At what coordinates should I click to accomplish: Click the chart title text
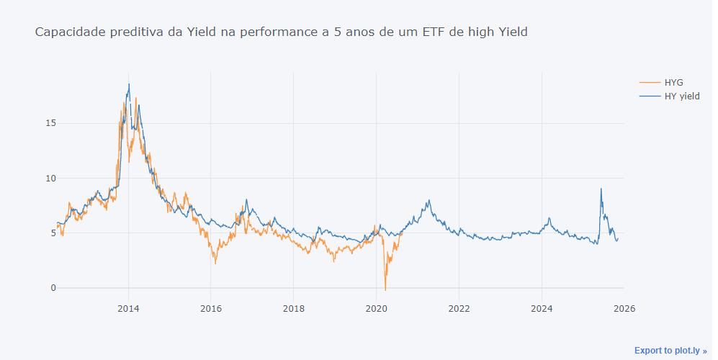tap(281, 32)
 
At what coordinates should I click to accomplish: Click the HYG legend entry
tap(673, 83)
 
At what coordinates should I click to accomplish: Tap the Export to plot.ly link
tap(670, 351)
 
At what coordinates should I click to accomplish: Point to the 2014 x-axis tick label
tap(128, 309)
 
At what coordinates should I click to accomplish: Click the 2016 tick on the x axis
tap(210, 309)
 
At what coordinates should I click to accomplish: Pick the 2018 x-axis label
tap(293, 309)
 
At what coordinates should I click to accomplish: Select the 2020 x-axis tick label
tap(376, 309)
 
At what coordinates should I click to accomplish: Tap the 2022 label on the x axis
tap(459, 309)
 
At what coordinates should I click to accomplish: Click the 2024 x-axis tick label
tap(542, 309)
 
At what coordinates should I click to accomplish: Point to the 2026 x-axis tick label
tap(624, 309)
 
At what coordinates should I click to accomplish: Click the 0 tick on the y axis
tap(53, 288)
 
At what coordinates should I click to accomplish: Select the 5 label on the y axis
tap(53, 233)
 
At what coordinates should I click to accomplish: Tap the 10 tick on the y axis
tap(50, 178)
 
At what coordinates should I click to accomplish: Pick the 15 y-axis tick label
tap(50, 123)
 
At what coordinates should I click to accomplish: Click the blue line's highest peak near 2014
tap(129, 84)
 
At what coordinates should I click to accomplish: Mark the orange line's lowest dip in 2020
tap(385, 289)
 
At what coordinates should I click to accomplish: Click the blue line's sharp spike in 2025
tap(601, 189)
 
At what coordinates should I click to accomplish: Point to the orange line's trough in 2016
tap(215, 263)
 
